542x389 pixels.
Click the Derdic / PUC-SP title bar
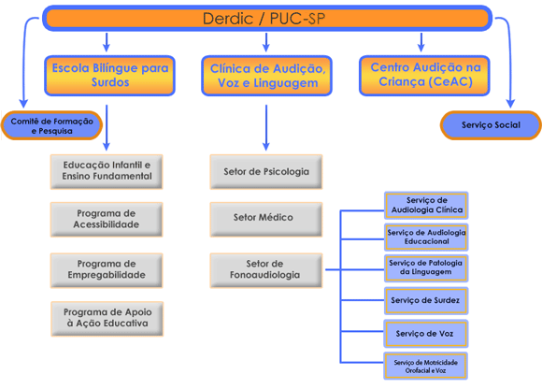click(267, 18)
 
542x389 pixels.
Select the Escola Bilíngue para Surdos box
click(110, 76)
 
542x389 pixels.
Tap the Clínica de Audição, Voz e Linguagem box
click(266, 76)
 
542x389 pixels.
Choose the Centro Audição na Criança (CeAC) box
click(424, 76)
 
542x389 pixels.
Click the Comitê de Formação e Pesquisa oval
click(51, 125)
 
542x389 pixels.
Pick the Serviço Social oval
click(491, 125)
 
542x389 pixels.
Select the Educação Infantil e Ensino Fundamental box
click(107, 171)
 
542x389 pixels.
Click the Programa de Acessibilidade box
click(107, 219)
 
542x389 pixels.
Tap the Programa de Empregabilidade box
click(107, 270)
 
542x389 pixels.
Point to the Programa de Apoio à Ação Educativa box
click(107, 319)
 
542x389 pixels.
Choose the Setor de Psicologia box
click(266, 171)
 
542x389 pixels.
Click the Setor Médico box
click(266, 219)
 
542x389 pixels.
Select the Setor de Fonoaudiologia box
click(266, 270)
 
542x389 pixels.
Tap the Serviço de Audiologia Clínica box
click(426, 206)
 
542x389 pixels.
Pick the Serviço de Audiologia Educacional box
click(426, 238)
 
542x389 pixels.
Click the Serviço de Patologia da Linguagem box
click(426, 268)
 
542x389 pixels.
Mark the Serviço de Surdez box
click(426, 300)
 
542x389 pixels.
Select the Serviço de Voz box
click(426, 334)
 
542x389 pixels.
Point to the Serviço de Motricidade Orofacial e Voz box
click(425, 366)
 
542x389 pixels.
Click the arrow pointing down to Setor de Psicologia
click(266, 127)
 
